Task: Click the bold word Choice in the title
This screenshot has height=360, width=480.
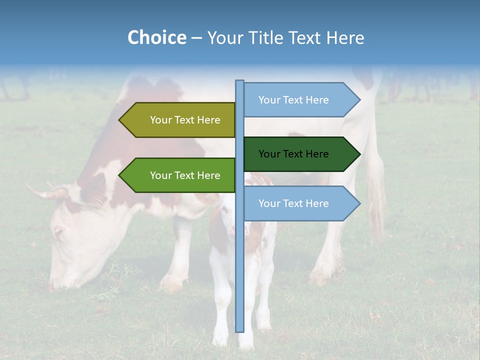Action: (156, 38)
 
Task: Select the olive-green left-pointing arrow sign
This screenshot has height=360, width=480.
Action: (177, 120)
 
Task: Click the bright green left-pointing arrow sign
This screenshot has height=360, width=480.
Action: (177, 175)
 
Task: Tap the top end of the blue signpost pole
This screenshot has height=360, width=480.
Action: (239, 81)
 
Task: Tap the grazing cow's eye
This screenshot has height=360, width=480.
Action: (58, 232)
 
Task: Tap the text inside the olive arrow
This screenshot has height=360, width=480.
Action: (185, 120)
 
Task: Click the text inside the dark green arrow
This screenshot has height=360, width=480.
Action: (293, 154)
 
